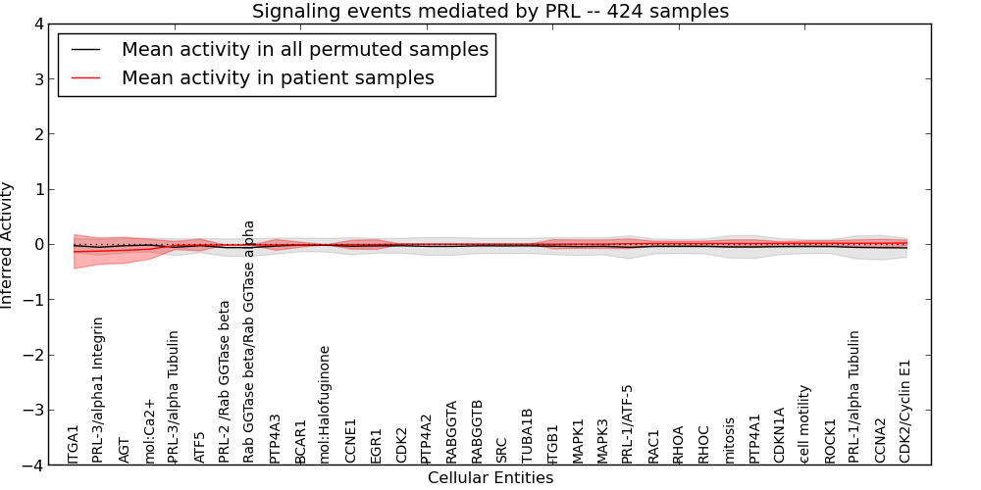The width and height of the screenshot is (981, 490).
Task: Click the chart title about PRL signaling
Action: (x=490, y=12)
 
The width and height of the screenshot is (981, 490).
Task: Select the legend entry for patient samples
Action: (x=278, y=77)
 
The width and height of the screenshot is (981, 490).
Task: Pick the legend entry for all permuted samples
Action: (x=304, y=49)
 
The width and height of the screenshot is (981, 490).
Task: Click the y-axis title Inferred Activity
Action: (x=8, y=245)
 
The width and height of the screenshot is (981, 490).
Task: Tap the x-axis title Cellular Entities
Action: (x=490, y=478)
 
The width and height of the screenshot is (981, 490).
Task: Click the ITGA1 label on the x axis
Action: (x=74, y=444)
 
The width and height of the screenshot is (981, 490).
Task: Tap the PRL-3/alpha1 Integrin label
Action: (x=98, y=389)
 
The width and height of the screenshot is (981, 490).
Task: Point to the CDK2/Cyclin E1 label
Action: (x=905, y=411)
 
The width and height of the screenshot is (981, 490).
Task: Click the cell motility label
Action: (x=804, y=423)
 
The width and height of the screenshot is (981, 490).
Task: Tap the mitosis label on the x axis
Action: (x=730, y=440)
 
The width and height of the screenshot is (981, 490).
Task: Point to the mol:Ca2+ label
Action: (x=149, y=430)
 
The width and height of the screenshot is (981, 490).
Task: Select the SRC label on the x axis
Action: (x=502, y=450)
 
